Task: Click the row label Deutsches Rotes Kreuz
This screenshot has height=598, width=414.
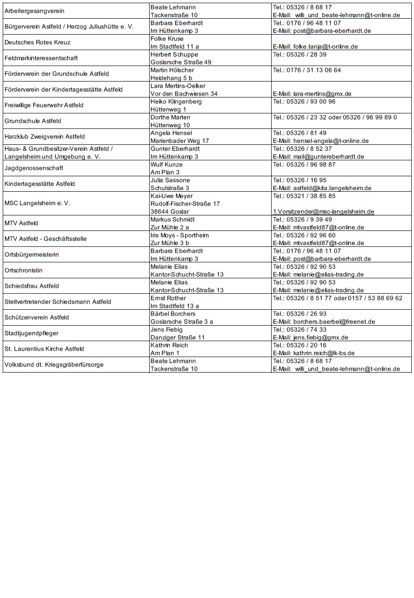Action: (x=37, y=42)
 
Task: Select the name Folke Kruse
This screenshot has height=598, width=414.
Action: (x=167, y=39)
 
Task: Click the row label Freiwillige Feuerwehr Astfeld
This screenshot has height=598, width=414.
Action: (x=44, y=105)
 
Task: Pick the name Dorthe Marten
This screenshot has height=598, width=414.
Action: (x=170, y=117)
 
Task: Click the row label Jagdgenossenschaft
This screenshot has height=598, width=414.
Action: (x=33, y=168)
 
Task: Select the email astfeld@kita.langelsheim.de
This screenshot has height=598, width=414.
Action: (x=322, y=188)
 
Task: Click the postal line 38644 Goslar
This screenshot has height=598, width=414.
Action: (x=170, y=211)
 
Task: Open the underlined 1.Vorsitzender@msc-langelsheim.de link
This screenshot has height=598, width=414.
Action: (x=323, y=211)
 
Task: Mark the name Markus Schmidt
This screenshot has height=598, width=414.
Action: (x=172, y=219)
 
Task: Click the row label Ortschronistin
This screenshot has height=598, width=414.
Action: (x=24, y=270)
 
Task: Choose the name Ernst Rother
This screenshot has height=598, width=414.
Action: (x=168, y=298)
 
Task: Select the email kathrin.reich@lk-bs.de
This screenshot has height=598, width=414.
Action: (x=314, y=353)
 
